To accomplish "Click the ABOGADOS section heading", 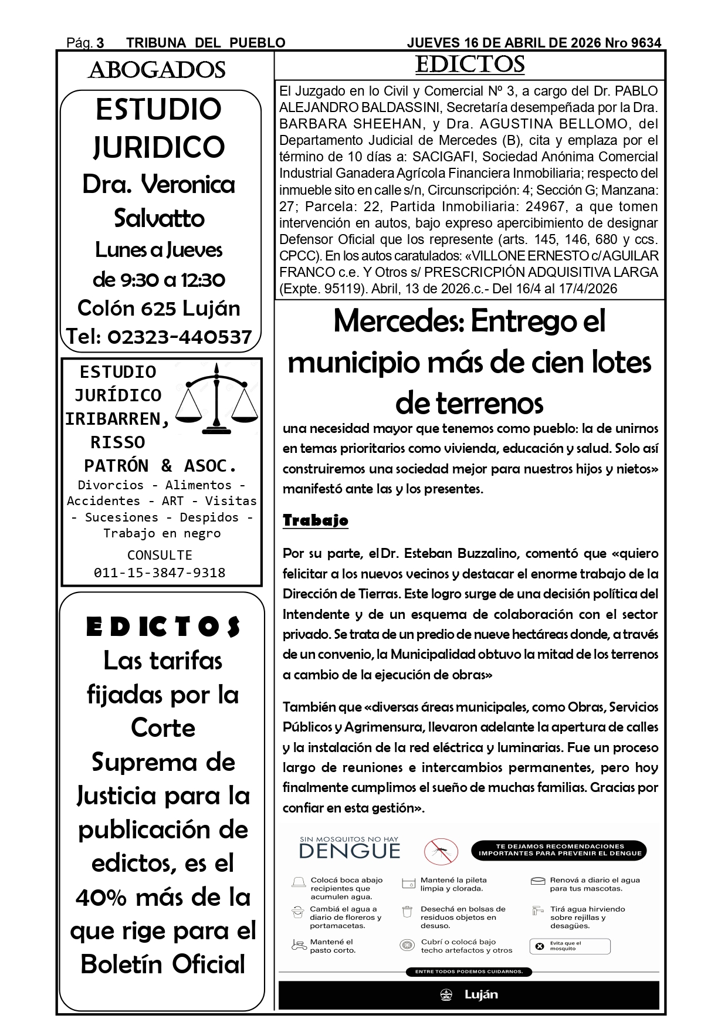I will click(x=157, y=70).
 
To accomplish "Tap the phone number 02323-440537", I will click(x=180, y=337).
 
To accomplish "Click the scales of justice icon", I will click(x=217, y=400).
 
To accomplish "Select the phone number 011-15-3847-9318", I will click(x=160, y=573).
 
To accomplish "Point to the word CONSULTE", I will click(x=160, y=555).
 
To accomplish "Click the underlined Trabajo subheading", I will click(x=316, y=520).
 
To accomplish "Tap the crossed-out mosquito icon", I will click(x=441, y=850).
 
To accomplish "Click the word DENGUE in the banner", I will click(x=350, y=851).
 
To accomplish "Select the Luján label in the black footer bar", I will click(x=481, y=995).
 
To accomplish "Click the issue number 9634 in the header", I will click(x=646, y=43).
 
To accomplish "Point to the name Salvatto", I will click(x=159, y=218).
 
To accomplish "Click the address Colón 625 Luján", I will click(x=159, y=308).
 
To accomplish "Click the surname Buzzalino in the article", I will click(x=490, y=553).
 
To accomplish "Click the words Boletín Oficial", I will click(x=162, y=964).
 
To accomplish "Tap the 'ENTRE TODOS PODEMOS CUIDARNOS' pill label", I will click(x=469, y=972).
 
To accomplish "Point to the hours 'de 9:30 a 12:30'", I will click(x=159, y=279).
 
